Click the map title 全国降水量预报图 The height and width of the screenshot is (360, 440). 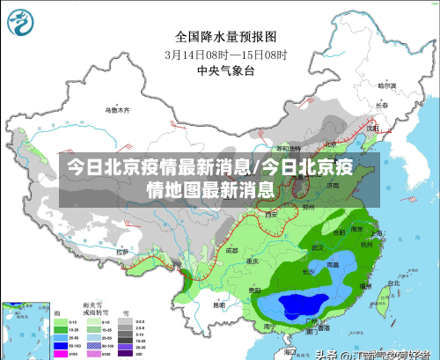pyautogui.click(x=226, y=37)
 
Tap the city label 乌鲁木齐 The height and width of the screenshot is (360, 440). pyautogui.click(x=117, y=111)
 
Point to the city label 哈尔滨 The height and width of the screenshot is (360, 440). pyautogui.click(x=387, y=87)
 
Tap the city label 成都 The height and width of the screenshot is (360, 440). pyautogui.click(x=231, y=250)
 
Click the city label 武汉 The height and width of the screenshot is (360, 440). pyautogui.click(x=317, y=247)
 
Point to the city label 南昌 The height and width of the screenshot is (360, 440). pyautogui.click(x=332, y=263)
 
